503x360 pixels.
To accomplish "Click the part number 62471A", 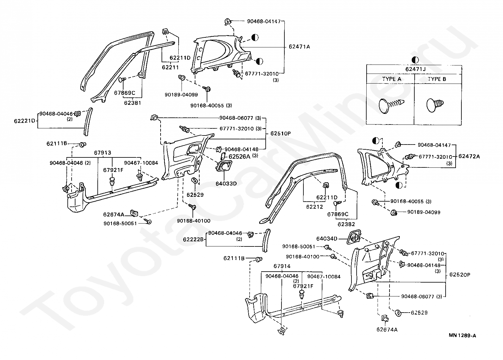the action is point(299,47).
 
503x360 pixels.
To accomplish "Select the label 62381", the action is point(133,103).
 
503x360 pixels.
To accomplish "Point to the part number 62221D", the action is point(25,121).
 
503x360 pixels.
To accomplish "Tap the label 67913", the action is point(103,153).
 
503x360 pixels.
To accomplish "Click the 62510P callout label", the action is point(281,134).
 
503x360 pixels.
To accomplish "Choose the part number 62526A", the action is point(239,156).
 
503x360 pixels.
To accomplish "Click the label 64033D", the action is point(226,184).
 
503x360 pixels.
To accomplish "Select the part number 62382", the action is point(346,224).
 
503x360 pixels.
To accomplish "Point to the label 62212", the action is point(315,207).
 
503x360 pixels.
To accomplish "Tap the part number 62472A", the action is point(469,156).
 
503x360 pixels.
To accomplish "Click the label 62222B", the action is point(193,240).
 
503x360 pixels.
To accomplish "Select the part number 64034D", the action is point(327,239).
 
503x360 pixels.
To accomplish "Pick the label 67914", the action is point(282,266).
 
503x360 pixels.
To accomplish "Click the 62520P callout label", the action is point(460,275).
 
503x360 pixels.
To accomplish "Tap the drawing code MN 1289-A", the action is point(462,335).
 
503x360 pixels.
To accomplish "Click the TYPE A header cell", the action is point(392,79).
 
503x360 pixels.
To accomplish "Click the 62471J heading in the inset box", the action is point(415,69).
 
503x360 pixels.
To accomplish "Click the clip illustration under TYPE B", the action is point(435,105).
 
